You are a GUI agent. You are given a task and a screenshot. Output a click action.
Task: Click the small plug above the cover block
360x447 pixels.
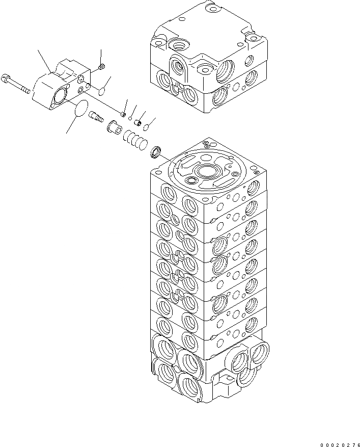[x=101, y=66]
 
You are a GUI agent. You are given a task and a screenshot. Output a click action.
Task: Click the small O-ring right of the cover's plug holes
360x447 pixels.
[x=101, y=91]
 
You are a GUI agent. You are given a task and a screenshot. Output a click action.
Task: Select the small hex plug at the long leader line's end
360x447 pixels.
[x=123, y=114]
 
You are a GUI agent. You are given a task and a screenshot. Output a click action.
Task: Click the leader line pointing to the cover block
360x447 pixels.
[x=44, y=61]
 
